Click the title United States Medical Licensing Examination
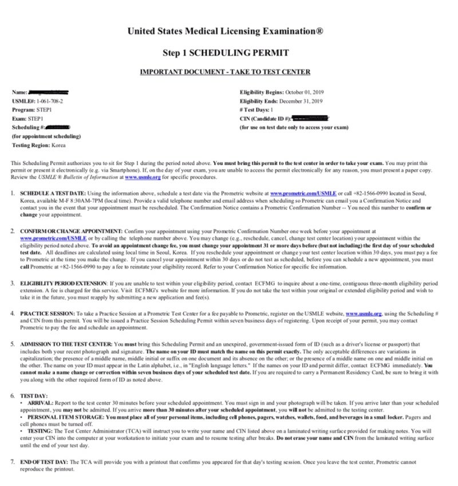pyautogui.click(x=229, y=31)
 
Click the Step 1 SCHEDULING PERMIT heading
pyautogui.click(x=226, y=53)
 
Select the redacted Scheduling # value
pyautogui.click(x=57, y=127)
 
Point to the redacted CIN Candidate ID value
pyautogui.click(x=310, y=118)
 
